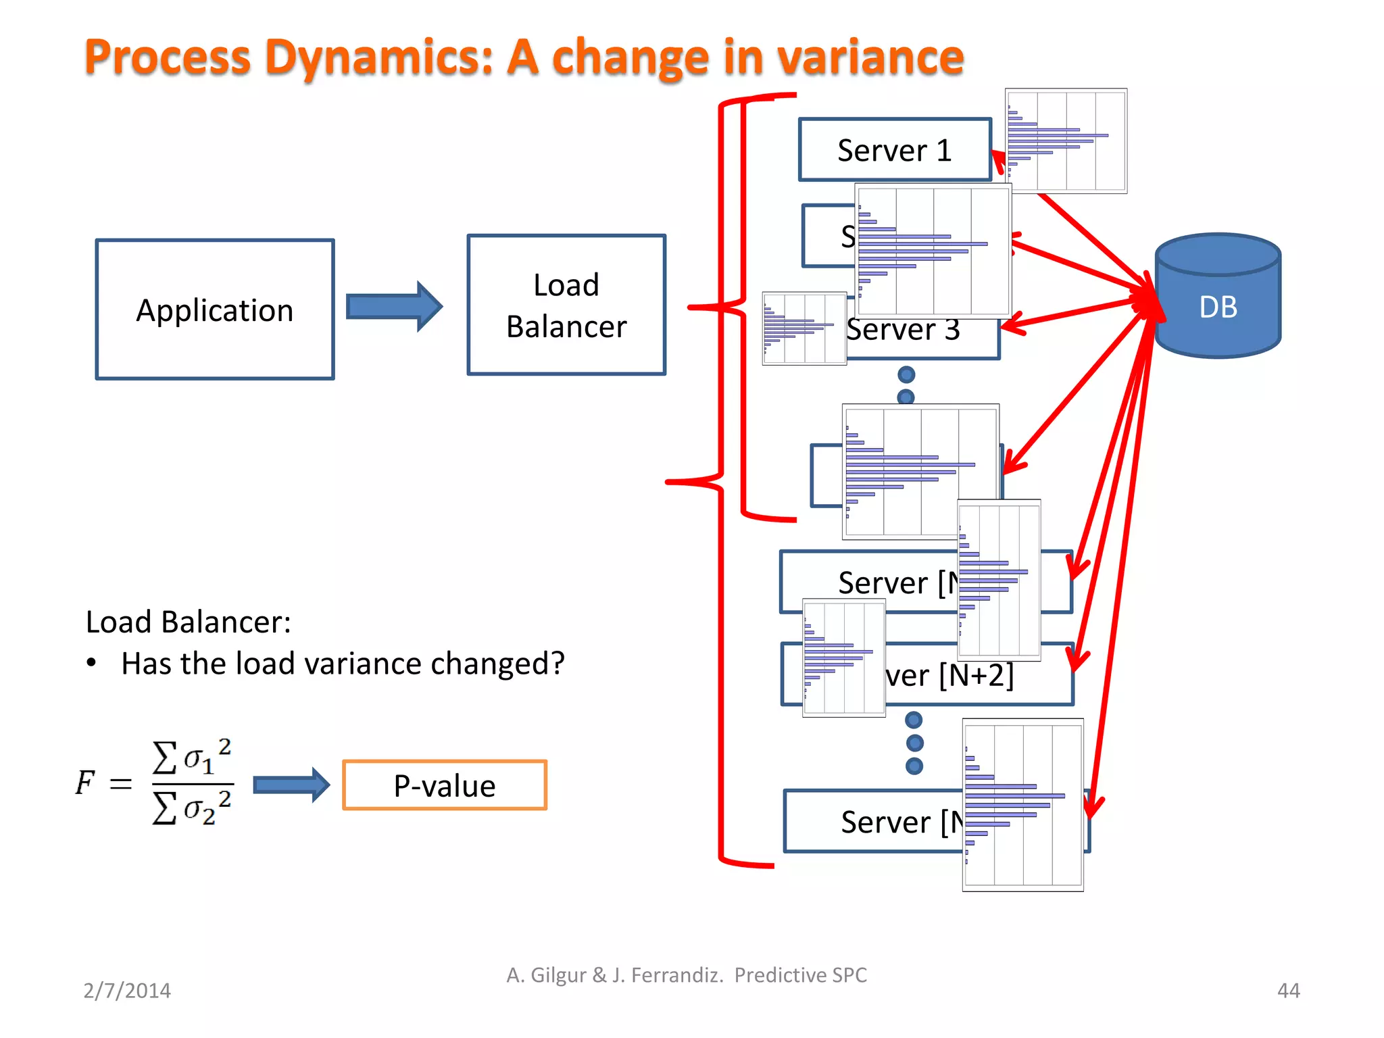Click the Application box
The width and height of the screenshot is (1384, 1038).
(x=215, y=310)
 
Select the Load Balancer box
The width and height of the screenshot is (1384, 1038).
(x=566, y=305)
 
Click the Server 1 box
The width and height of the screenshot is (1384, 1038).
(x=894, y=150)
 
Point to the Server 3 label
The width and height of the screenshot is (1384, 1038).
(x=904, y=330)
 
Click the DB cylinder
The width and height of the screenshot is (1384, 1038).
(x=1218, y=297)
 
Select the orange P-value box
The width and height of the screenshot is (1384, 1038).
(x=445, y=785)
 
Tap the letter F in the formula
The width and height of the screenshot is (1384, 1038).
(x=85, y=783)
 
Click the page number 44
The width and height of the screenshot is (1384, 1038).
(x=1288, y=990)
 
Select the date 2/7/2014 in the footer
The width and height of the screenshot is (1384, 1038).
(x=127, y=990)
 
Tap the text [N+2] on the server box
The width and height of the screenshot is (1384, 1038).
(x=977, y=674)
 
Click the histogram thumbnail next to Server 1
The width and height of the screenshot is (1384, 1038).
(x=1066, y=141)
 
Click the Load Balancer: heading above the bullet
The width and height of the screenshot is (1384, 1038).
(x=189, y=622)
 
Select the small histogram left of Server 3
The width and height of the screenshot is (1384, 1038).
(x=804, y=328)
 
